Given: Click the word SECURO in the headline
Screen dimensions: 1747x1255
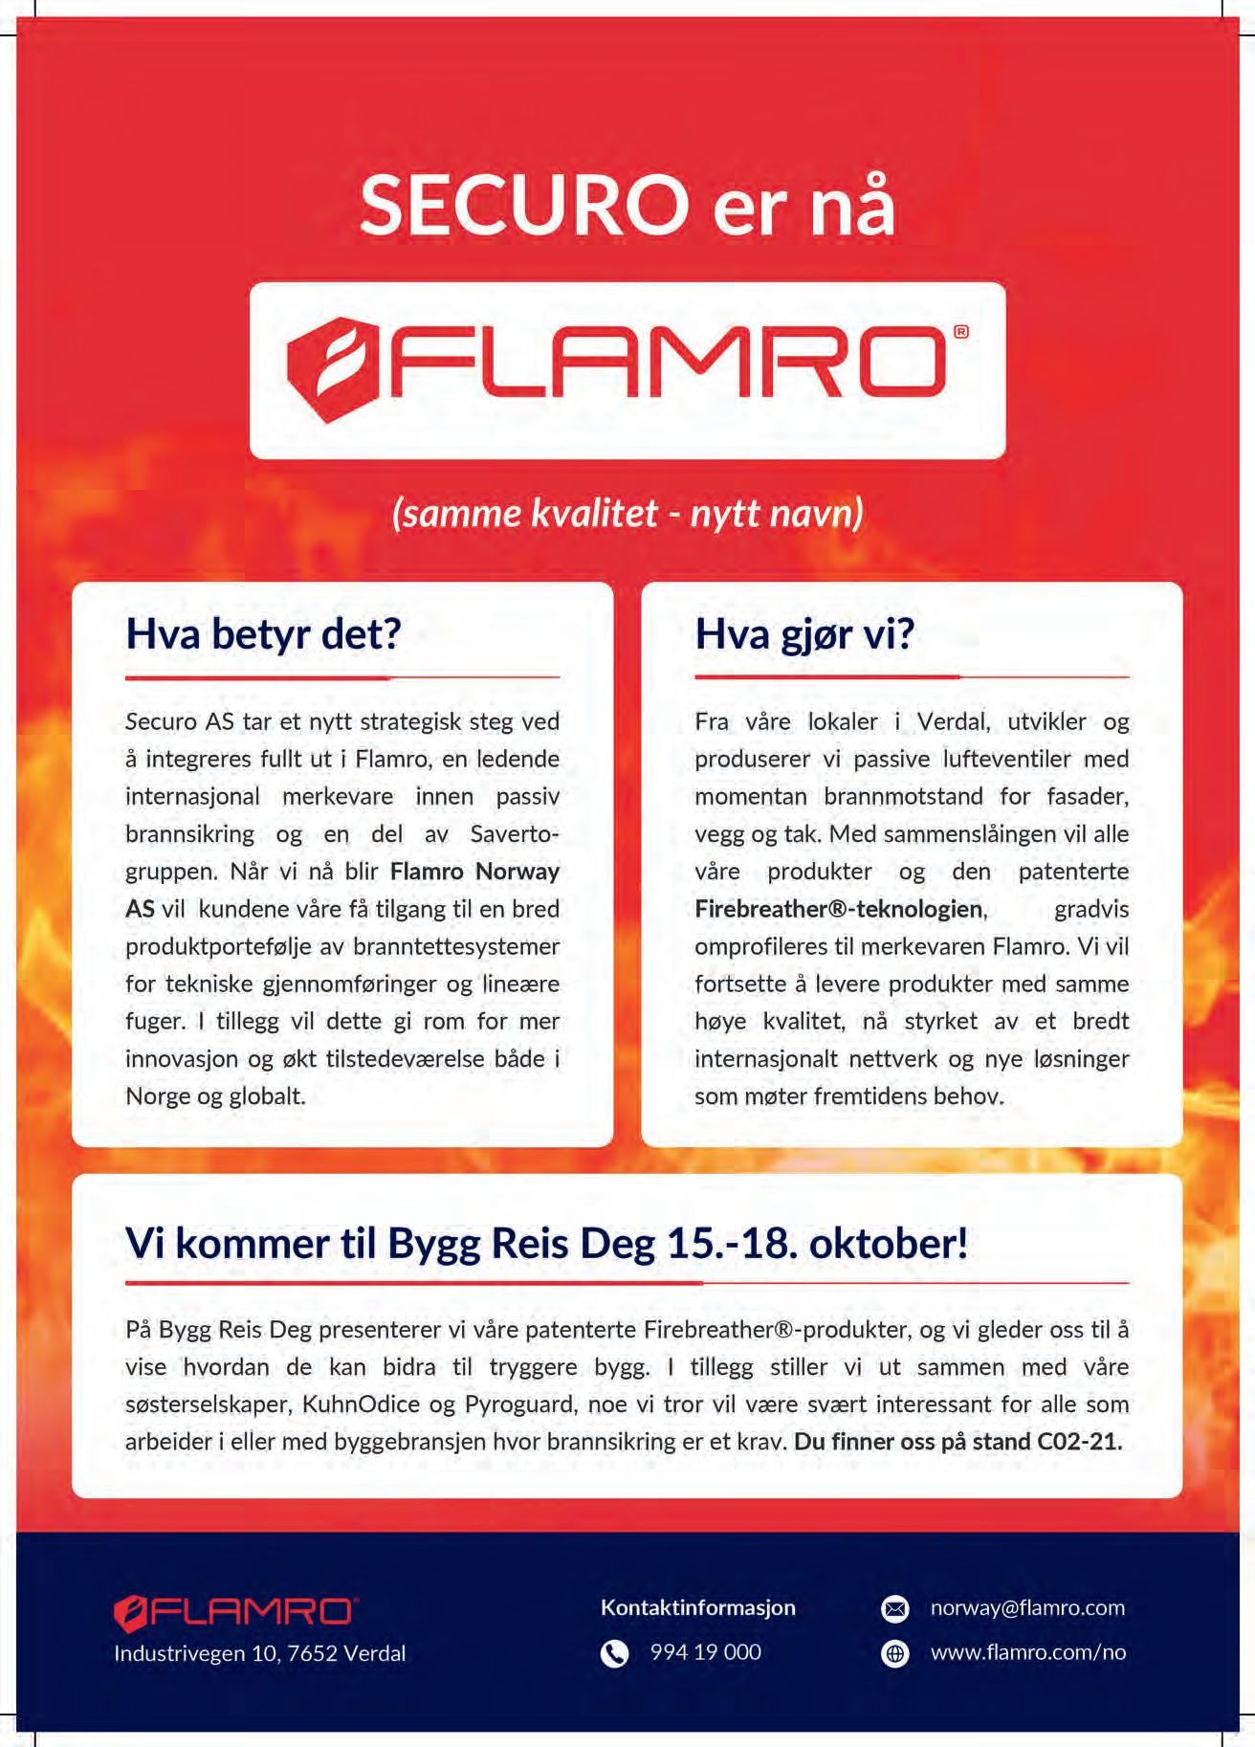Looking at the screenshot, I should (524, 206).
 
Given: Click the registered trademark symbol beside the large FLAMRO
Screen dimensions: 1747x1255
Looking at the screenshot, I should (960, 332).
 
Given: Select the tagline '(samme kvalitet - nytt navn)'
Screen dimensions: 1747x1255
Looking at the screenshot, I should (627, 514).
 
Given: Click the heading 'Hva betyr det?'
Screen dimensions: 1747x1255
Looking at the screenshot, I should (263, 634).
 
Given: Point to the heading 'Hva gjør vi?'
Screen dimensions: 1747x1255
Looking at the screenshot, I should (804, 634).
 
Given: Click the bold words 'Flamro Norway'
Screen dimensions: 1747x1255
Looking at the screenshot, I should (474, 872).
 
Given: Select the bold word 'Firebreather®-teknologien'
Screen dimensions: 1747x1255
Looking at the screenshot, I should (840, 909).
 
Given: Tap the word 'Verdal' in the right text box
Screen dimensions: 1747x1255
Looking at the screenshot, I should (953, 721).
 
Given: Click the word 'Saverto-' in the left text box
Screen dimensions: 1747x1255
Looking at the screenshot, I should (515, 834).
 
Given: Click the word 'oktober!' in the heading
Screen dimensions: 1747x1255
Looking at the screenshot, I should (889, 1244).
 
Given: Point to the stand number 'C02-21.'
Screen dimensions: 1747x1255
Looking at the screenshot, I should (1079, 1442).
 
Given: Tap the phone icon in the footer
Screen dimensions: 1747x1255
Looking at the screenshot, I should (614, 1653).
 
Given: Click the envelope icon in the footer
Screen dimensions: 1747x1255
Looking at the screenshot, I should (894, 1609).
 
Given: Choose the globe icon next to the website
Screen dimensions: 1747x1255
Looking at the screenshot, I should (894, 1653).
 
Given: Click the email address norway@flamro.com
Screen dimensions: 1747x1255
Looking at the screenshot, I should (1027, 1608).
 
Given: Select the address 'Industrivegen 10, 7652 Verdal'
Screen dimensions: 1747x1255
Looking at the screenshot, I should (259, 1653).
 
